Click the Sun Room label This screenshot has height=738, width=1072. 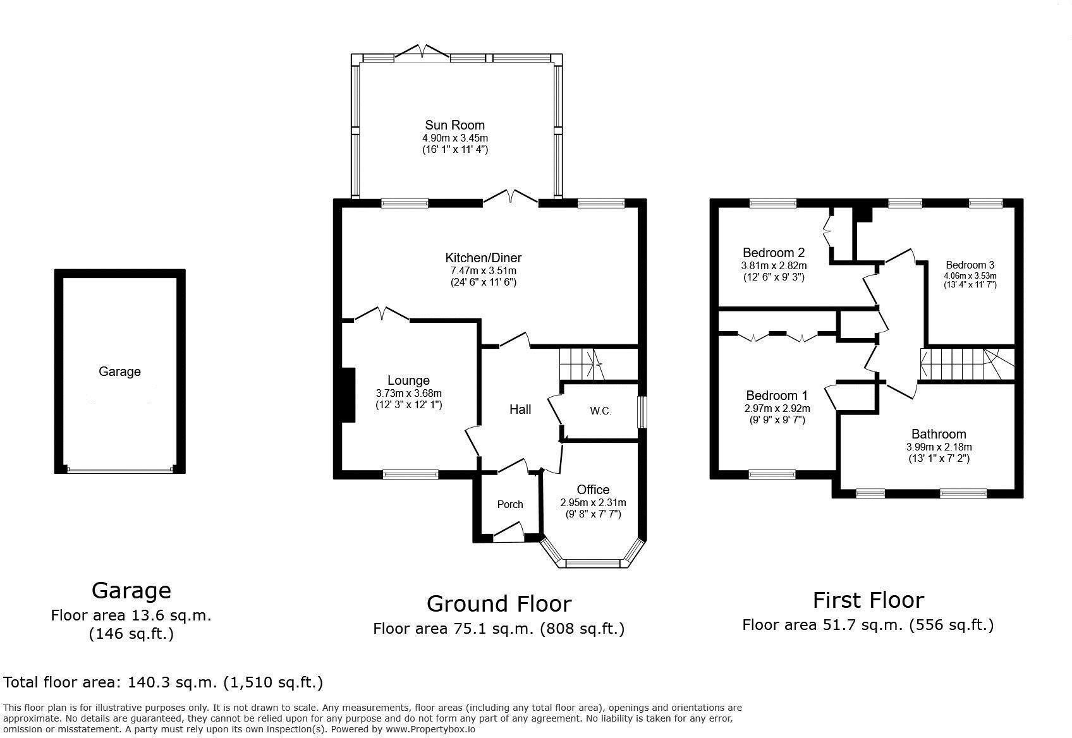454,125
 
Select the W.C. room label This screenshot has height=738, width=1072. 600,411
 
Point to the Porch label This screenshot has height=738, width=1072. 509,504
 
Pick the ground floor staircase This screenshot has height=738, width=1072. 580,364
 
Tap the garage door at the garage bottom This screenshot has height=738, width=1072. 119,469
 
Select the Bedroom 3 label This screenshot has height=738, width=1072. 970,265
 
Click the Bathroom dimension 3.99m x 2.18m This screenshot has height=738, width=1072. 939,447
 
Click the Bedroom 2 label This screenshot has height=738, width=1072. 773,253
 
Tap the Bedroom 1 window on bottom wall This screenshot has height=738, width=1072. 772,473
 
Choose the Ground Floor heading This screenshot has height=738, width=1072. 499,603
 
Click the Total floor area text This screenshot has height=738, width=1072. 163,682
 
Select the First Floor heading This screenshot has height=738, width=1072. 868,600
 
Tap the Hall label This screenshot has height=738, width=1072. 520,409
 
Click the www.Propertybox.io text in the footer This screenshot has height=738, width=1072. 430,729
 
